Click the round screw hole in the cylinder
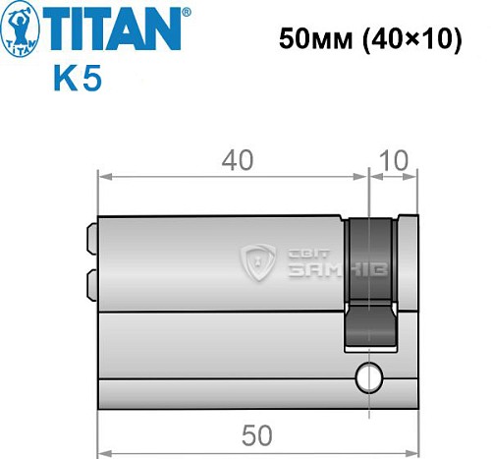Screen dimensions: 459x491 369,375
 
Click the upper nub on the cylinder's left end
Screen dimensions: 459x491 92,239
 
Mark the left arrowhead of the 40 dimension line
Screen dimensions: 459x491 101,178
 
